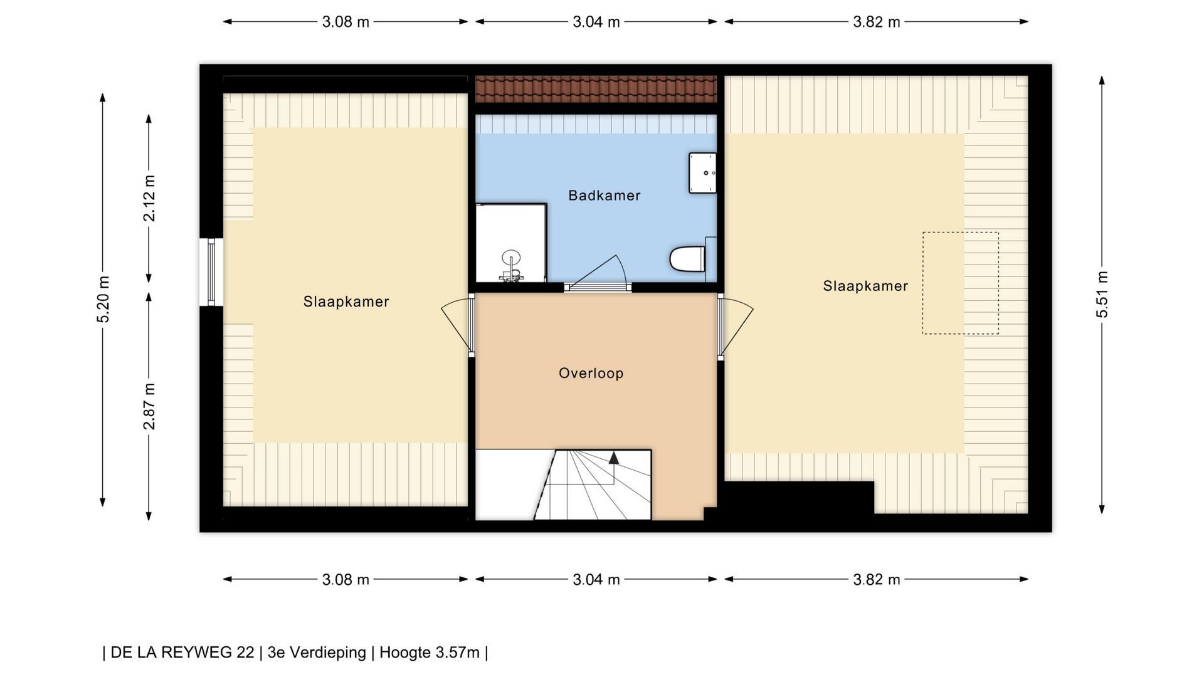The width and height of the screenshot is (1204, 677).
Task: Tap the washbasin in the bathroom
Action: click(702, 172)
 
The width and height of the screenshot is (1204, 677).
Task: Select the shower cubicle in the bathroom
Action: click(511, 243)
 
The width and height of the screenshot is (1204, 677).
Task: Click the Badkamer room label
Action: click(605, 196)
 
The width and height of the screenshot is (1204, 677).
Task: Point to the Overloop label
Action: click(591, 374)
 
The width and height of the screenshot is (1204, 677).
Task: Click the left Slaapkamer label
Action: click(346, 302)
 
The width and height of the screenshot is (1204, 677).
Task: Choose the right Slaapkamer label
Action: click(865, 286)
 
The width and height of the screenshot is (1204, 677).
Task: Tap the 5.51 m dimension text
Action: click(1102, 295)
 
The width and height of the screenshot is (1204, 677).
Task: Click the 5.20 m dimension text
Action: click(103, 299)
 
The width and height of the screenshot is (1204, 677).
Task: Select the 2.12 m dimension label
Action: click(149, 198)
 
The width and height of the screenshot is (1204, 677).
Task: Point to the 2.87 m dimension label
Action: click(149, 406)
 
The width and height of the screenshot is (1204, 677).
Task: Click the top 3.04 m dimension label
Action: click(596, 22)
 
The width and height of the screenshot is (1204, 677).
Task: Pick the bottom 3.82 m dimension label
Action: click(877, 580)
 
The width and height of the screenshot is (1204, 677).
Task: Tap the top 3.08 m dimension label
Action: click(346, 22)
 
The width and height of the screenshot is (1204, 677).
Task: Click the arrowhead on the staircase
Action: click(614, 458)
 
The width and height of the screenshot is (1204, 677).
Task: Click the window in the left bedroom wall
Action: click(211, 272)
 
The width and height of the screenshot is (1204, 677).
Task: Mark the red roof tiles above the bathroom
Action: click(596, 89)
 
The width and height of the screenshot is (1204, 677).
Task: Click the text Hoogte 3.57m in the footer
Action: click(430, 653)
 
